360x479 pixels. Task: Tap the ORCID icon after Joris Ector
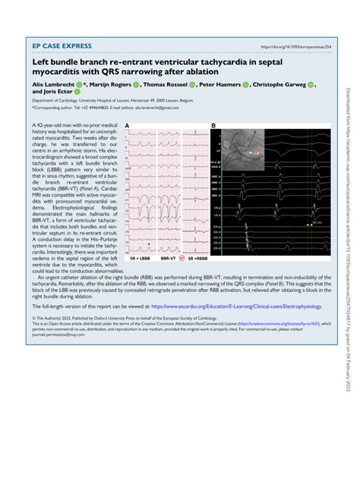tap(76, 96)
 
